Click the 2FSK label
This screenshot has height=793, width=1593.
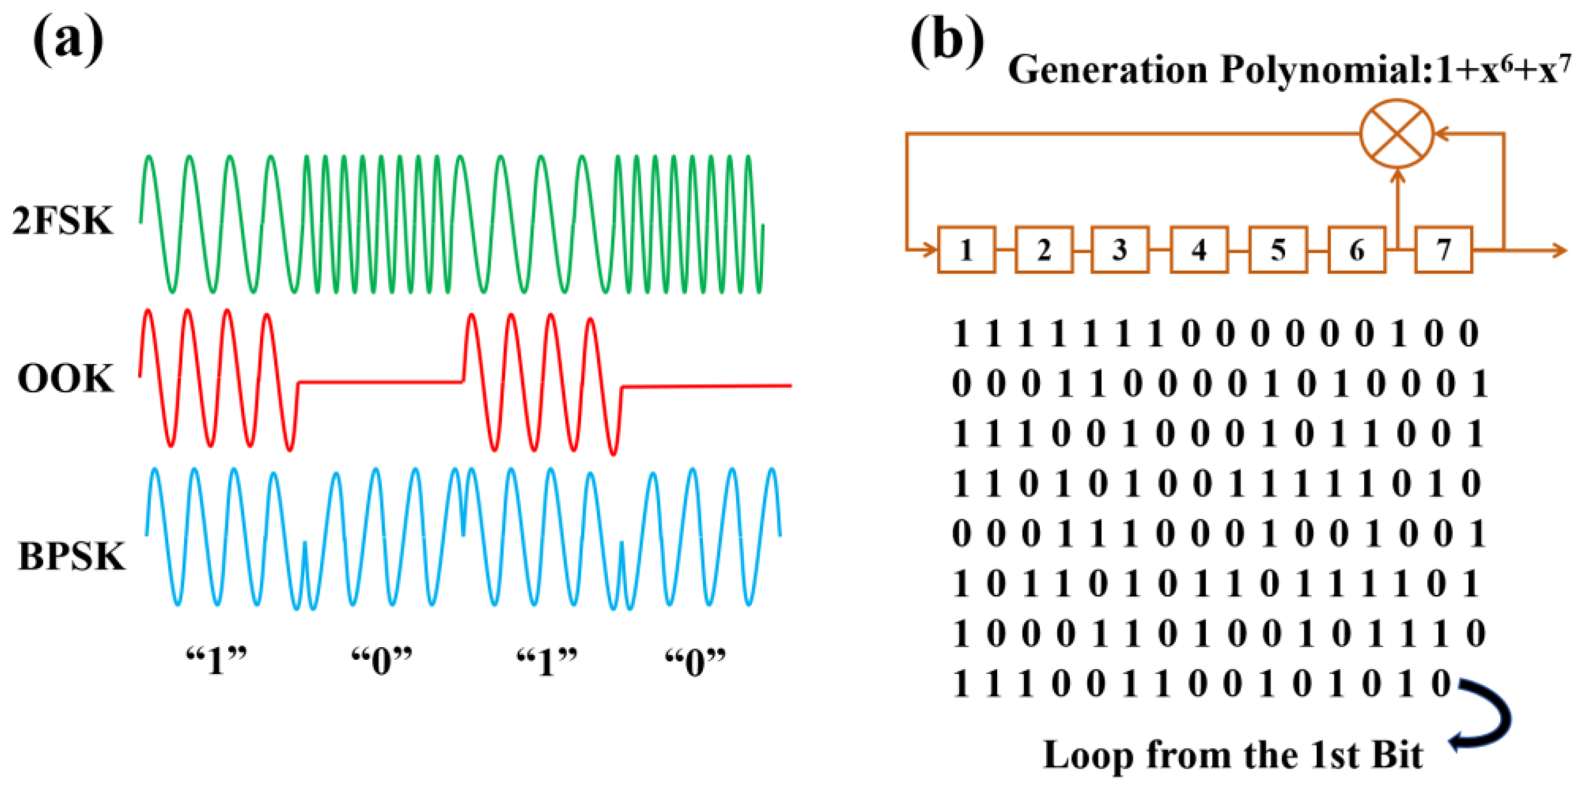click(63, 221)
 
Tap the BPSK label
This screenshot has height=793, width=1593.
click(72, 556)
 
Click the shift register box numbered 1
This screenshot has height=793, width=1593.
click(966, 250)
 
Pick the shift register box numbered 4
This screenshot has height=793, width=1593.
click(1198, 250)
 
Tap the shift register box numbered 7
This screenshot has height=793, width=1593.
click(1443, 250)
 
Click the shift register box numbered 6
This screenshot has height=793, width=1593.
click(1356, 250)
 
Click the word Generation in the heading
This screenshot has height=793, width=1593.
click(1107, 69)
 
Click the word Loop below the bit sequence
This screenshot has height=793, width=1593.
click(1088, 755)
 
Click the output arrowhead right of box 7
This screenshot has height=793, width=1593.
click(1560, 250)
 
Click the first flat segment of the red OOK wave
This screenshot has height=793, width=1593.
click(380, 382)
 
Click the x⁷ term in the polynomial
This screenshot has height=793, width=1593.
click(1555, 69)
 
